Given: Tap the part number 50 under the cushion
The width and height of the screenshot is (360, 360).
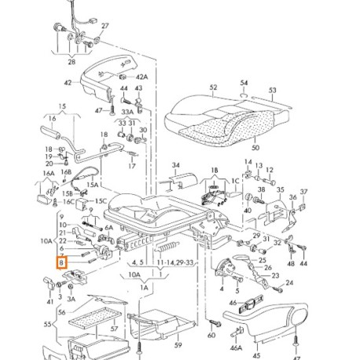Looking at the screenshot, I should pos(254,146).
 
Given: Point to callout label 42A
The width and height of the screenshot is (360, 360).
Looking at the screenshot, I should pos(141,77).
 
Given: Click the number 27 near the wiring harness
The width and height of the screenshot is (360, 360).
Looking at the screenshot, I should pos(105,25).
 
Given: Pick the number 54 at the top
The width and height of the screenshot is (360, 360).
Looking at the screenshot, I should pos(244,83).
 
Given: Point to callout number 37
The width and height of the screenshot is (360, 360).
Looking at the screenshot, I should pos(304,192).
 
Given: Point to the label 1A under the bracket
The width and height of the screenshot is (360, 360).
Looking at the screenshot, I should pos(144,288).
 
